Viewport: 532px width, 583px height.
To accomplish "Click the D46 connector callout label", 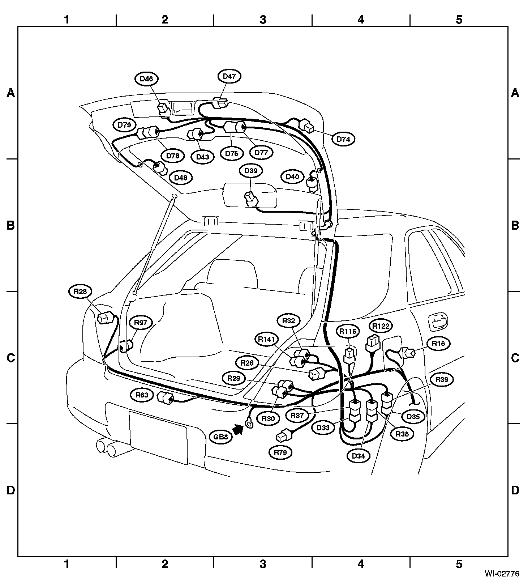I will (x=146, y=79).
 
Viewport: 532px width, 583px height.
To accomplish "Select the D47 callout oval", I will (x=229, y=76).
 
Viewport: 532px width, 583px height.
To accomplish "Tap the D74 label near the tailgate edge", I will (x=343, y=139).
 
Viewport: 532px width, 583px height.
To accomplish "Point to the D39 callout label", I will (x=251, y=171).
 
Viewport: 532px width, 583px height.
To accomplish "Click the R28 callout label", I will (x=80, y=291).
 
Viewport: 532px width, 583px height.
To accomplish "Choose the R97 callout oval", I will (x=141, y=322).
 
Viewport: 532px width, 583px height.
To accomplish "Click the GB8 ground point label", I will (x=220, y=437).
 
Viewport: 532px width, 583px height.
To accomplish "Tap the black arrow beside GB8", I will (x=238, y=430).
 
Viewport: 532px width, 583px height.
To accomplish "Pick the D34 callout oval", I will (x=358, y=456).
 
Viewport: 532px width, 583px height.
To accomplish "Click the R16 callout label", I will (x=438, y=344).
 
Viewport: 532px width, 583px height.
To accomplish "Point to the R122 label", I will (x=381, y=326).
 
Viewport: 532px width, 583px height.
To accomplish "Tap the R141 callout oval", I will (x=267, y=339).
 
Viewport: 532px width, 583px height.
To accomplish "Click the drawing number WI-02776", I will (x=502, y=574).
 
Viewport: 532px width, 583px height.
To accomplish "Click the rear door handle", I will (x=438, y=322).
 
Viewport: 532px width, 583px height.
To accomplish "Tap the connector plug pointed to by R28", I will (x=105, y=317).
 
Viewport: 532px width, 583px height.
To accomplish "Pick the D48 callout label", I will (x=181, y=178).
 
